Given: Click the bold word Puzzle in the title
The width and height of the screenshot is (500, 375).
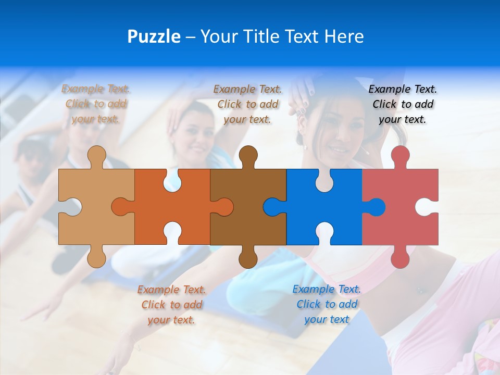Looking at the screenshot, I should (x=154, y=36).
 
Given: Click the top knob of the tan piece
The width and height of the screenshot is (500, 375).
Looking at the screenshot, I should (x=96, y=156).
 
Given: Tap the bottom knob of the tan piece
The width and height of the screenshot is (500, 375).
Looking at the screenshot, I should (x=96, y=257).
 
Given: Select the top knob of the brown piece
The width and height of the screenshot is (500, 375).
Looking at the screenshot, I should (x=248, y=156).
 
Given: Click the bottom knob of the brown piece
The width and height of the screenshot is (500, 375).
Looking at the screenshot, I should (x=248, y=257).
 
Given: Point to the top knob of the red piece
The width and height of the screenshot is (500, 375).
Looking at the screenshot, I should (x=400, y=156).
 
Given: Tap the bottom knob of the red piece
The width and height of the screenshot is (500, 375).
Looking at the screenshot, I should (x=400, y=257).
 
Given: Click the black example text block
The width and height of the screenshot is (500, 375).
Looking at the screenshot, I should (x=403, y=104).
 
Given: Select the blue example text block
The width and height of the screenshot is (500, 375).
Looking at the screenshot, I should (x=327, y=304).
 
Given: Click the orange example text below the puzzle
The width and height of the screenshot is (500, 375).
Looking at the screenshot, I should (x=171, y=305).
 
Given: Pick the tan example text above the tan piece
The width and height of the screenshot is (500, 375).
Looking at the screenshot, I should (x=96, y=104).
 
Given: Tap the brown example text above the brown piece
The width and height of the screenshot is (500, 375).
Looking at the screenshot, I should (x=247, y=104).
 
